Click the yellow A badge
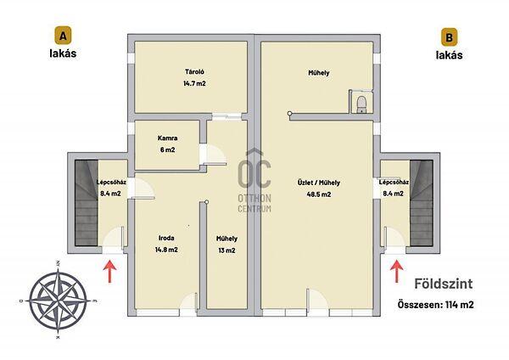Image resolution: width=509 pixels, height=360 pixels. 63,36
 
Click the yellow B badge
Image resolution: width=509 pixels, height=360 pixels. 449,37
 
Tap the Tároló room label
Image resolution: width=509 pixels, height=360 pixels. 194,72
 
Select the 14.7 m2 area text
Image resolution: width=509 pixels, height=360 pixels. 194,83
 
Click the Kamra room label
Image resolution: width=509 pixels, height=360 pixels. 167,138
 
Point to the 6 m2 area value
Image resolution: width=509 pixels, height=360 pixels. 167,149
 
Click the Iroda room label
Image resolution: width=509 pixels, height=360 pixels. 166,238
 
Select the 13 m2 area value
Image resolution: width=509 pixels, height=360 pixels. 227,250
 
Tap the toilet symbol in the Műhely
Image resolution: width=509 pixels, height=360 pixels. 361,104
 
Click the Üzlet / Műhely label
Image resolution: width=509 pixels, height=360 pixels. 319,183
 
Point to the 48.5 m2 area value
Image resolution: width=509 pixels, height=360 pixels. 319,194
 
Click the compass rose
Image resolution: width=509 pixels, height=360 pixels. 58,301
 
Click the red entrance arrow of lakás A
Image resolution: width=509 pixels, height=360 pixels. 109,271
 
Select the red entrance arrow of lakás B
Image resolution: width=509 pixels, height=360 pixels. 397,271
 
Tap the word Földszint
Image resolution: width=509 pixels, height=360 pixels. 444,284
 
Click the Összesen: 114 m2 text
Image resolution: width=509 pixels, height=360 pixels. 436,305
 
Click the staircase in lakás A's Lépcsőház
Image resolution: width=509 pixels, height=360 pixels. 87,203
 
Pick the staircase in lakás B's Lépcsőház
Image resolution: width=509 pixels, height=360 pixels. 422,203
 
